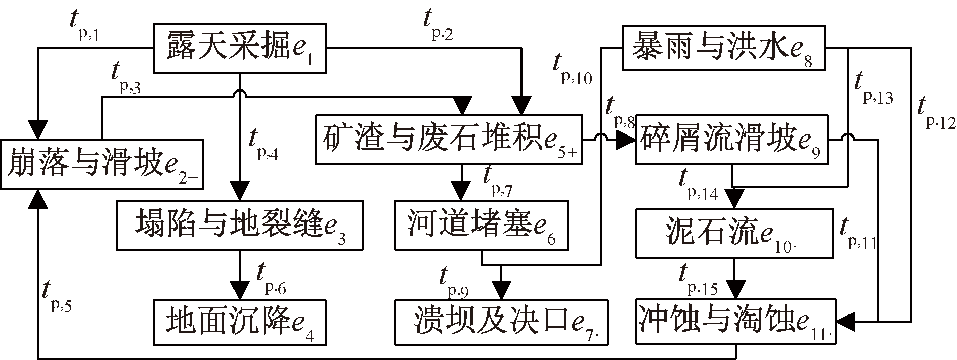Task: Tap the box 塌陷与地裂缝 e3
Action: click(x=240, y=225)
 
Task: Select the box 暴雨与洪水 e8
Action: click(x=723, y=49)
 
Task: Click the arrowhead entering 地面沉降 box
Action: click(x=240, y=293)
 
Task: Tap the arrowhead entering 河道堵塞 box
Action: click(x=460, y=193)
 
